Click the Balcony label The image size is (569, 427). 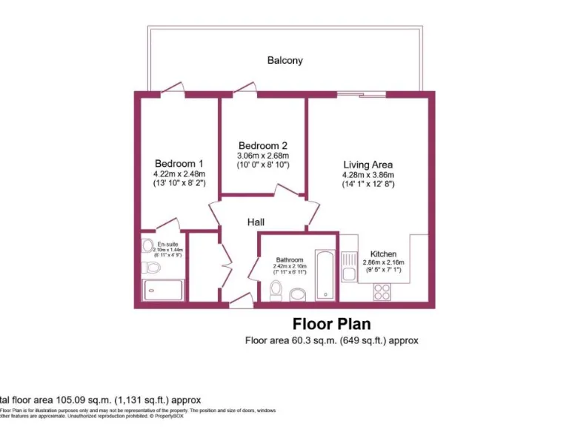[x=284, y=60]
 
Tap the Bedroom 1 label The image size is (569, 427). [x=179, y=163]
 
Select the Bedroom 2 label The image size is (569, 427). [x=262, y=145]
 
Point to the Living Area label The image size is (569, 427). [x=367, y=165]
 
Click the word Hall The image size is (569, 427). [x=256, y=222]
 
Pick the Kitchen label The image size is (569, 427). [x=384, y=253]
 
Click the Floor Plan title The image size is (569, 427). [x=331, y=324]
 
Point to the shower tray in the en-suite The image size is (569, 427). [x=162, y=290]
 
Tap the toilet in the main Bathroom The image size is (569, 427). [x=276, y=291]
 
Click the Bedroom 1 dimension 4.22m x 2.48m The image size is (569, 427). [x=179, y=173]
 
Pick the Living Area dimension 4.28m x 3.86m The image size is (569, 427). [x=367, y=175]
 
